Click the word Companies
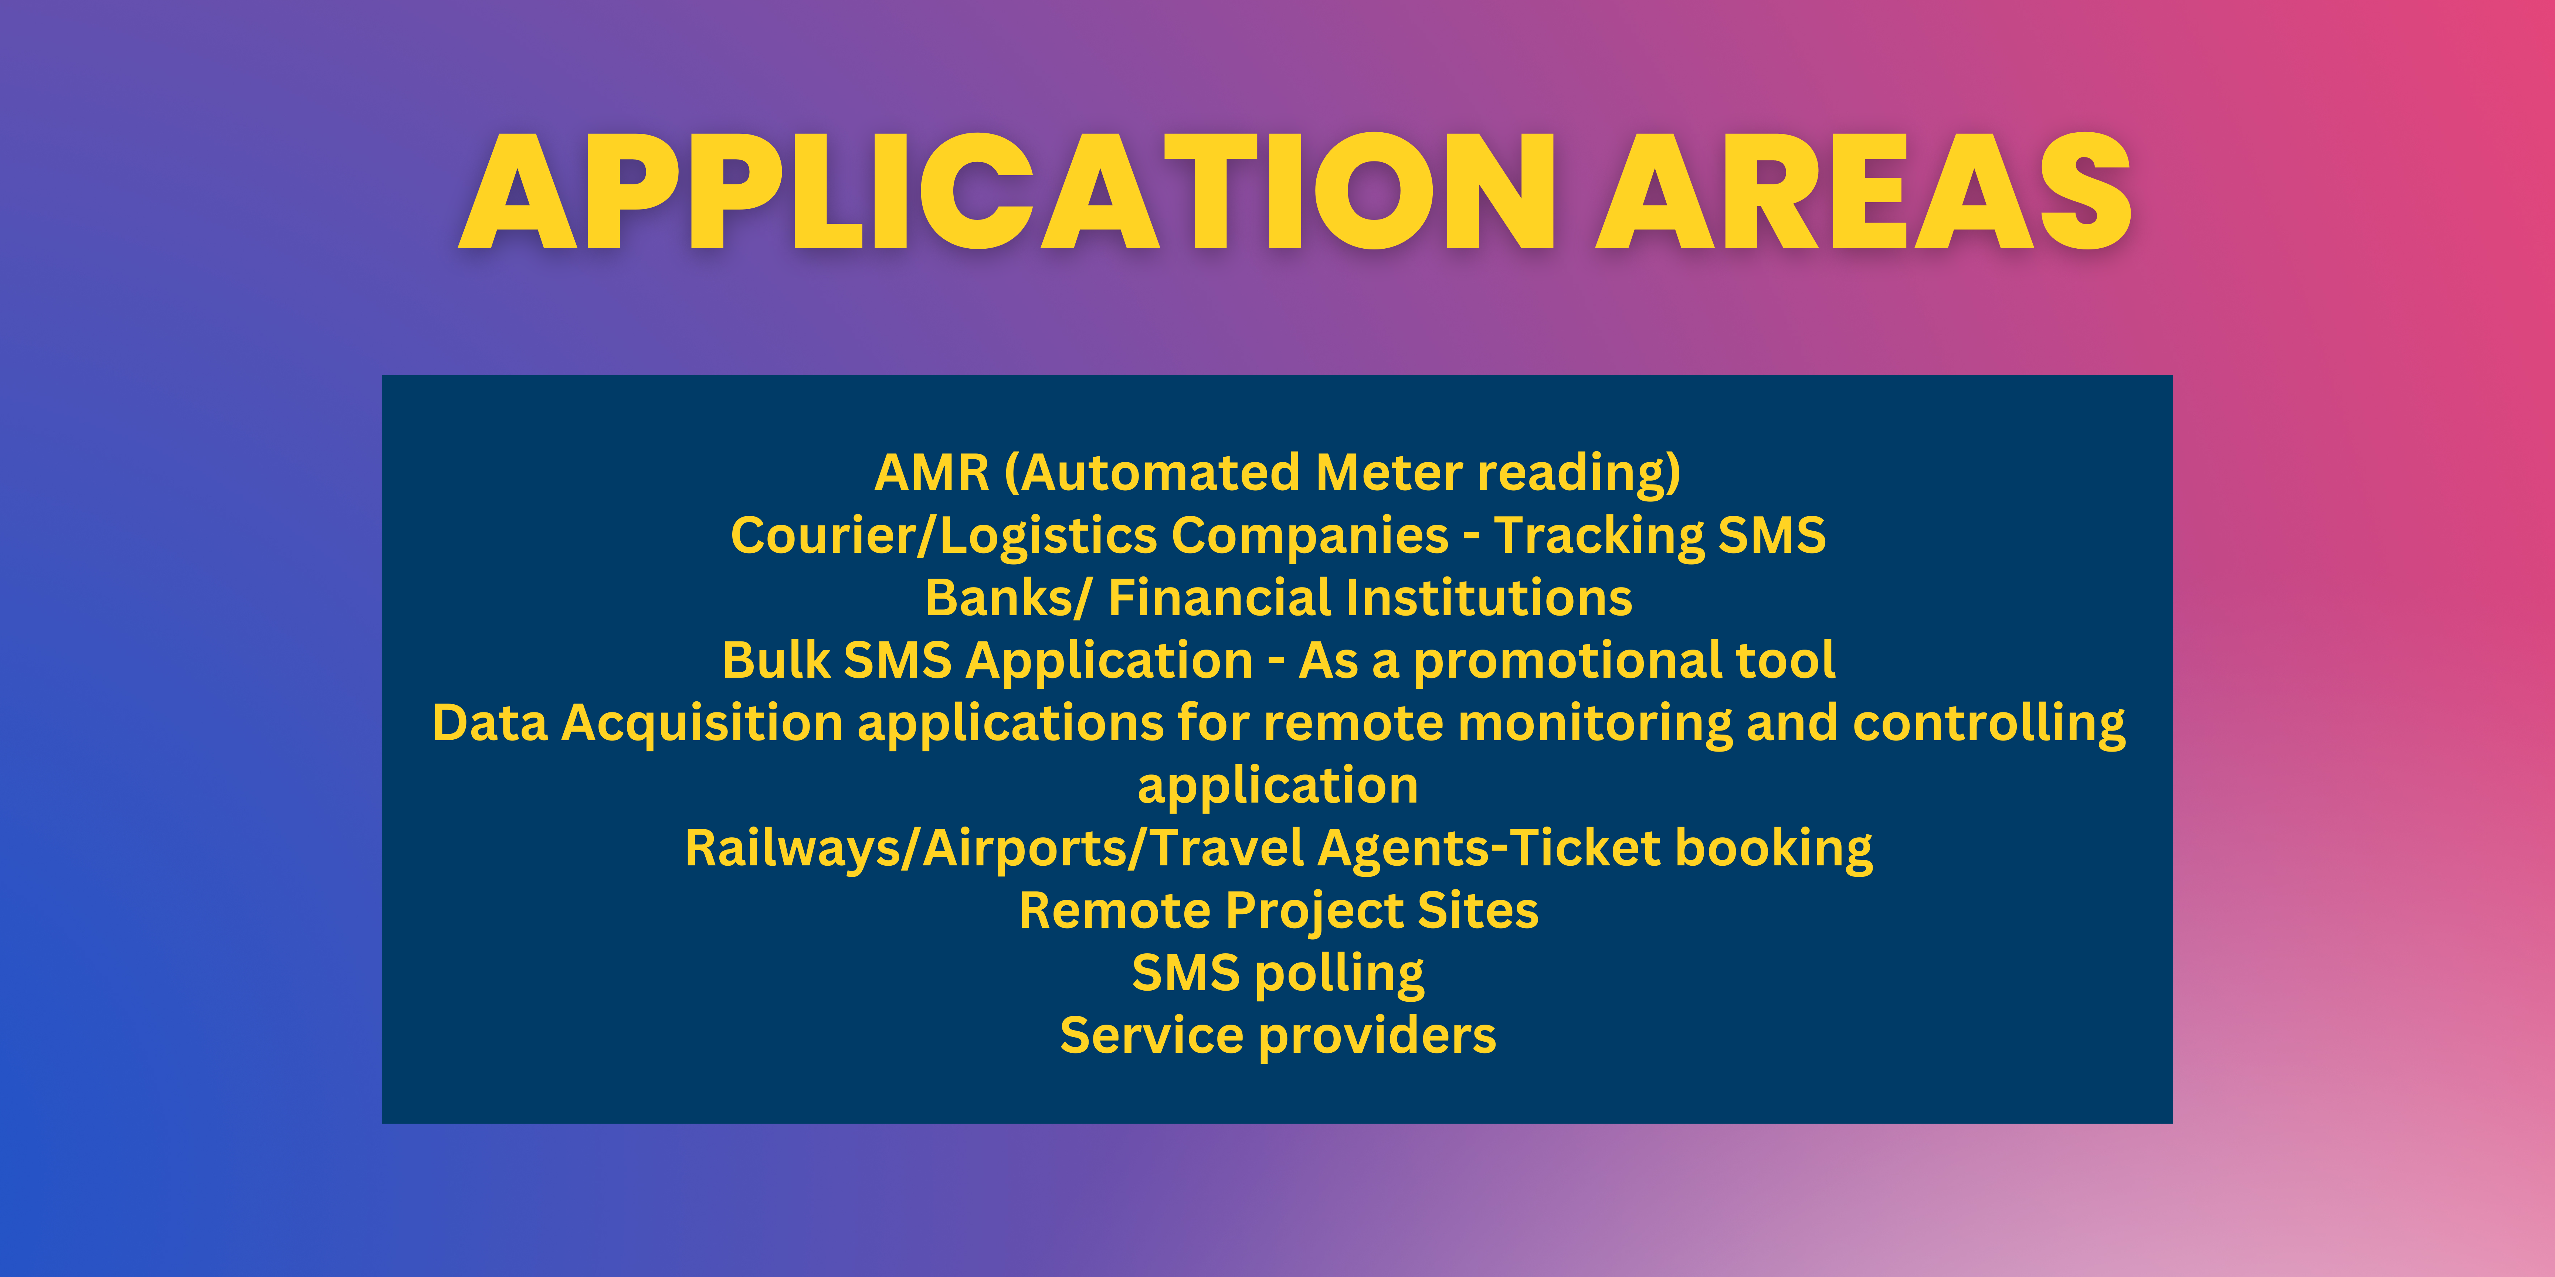(1310, 537)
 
